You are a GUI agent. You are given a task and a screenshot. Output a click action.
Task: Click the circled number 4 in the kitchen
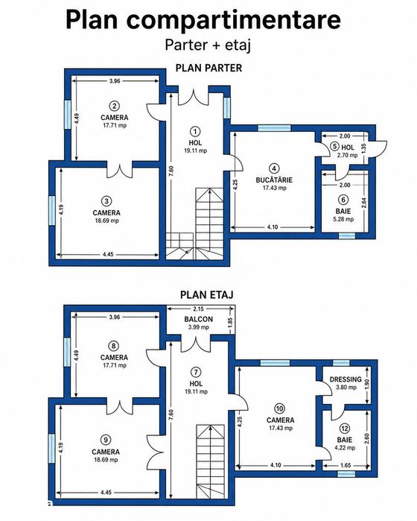tap(274, 168)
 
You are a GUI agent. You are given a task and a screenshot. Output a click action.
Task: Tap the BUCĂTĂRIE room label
tap(274, 180)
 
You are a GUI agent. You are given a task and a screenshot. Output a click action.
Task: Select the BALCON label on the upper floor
tap(199, 319)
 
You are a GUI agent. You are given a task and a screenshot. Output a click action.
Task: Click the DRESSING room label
tap(346, 379)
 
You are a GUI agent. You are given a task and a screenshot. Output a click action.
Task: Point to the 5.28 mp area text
tap(343, 219)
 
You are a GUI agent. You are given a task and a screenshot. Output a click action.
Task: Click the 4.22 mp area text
tap(344, 448)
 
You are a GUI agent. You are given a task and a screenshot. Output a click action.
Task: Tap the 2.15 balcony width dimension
tap(198, 309)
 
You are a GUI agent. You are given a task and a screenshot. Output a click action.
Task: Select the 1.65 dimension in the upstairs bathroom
tap(346, 466)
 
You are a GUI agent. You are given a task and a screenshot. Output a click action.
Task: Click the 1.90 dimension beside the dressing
tap(367, 384)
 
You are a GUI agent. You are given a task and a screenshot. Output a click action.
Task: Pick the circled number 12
tap(344, 429)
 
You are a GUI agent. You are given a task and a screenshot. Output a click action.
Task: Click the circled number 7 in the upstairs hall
tap(197, 372)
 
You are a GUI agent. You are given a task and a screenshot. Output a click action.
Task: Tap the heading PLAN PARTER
tap(208, 68)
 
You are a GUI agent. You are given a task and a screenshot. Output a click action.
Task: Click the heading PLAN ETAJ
tap(206, 294)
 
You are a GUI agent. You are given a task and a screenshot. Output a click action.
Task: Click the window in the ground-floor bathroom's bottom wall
tap(346, 236)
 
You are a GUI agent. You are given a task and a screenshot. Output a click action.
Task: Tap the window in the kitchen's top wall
tap(274, 128)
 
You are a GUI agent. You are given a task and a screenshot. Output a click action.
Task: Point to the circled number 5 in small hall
tap(334, 147)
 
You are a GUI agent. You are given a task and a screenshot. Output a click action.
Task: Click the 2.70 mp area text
tap(347, 155)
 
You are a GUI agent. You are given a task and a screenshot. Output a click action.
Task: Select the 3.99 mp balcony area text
tap(199, 327)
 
